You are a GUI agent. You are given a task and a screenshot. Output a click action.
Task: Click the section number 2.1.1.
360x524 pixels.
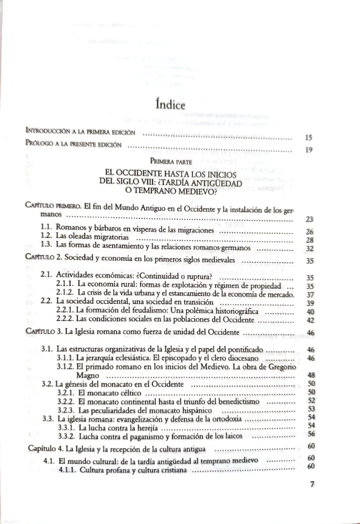click(67, 285)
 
